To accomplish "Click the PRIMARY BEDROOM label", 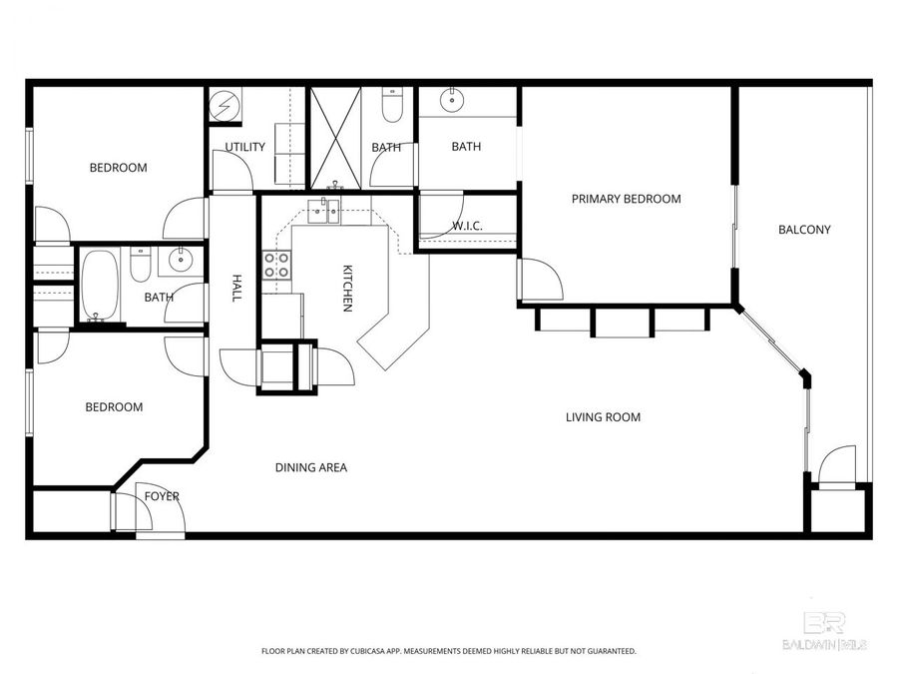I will [626, 199].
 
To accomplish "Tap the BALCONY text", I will [804, 230].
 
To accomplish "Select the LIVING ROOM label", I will [603, 417].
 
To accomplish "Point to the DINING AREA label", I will [312, 467].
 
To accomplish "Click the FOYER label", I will [162, 496].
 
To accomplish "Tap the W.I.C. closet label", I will [467, 227].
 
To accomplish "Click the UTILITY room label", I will [244, 147].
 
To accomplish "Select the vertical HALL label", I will [237, 289].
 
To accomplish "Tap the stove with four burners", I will [276, 265].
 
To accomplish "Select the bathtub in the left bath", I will [99, 288].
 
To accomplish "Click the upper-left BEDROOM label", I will [118, 168].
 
